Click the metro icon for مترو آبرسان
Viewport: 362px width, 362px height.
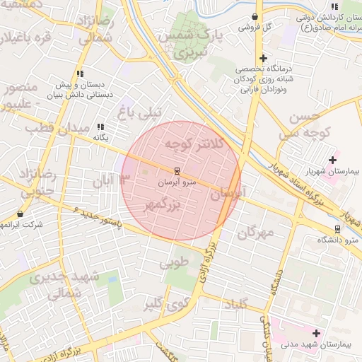pos(177,170)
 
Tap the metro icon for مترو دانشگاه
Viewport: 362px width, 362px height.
pos(337,228)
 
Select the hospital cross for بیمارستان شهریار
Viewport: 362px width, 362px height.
pos(332,160)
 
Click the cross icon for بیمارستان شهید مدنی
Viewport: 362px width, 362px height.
pos(315,332)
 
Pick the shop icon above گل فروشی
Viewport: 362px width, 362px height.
pos(255,16)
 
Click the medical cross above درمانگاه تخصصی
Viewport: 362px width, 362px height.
pos(263,58)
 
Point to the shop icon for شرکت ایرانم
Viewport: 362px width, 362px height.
pos(19,213)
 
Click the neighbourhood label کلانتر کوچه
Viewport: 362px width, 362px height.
pos(194,144)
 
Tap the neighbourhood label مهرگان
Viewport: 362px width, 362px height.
pos(255,233)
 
